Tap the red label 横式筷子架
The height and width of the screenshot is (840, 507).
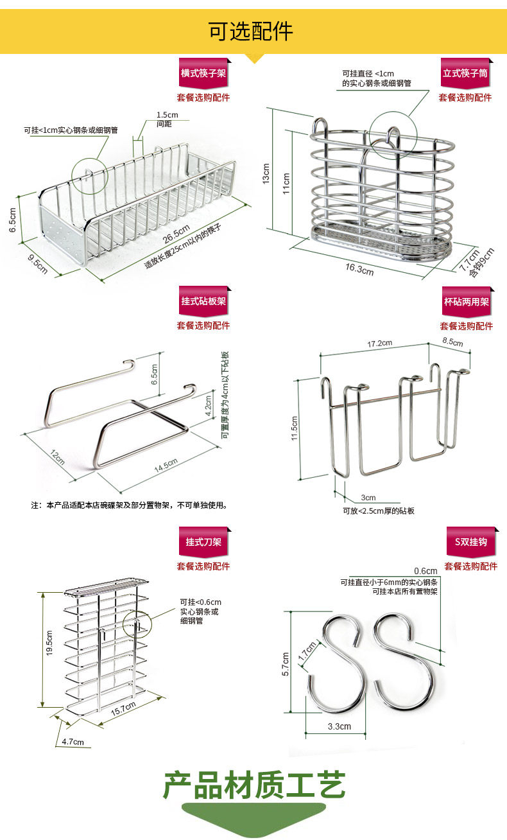pyautogui.click(x=203, y=74)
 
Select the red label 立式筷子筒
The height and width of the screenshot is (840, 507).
pyautogui.click(x=465, y=73)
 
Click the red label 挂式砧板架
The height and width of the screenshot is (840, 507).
pyautogui.click(x=203, y=301)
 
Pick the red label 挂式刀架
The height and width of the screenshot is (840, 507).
pyautogui.click(x=203, y=542)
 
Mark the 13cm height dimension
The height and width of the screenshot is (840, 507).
pyautogui.click(x=266, y=173)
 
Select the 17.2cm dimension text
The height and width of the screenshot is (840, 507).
pyautogui.click(x=379, y=343)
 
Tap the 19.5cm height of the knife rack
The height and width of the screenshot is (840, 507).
pyautogui.click(x=49, y=646)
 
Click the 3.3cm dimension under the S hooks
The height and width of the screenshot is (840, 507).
pyautogui.click(x=339, y=726)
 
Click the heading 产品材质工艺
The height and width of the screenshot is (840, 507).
pyautogui.click(x=253, y=785)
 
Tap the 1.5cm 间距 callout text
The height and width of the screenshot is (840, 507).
pyautogui.click(x=167, y=119)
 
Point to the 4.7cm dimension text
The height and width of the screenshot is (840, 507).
pyautogui.click(x=73, y=742)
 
